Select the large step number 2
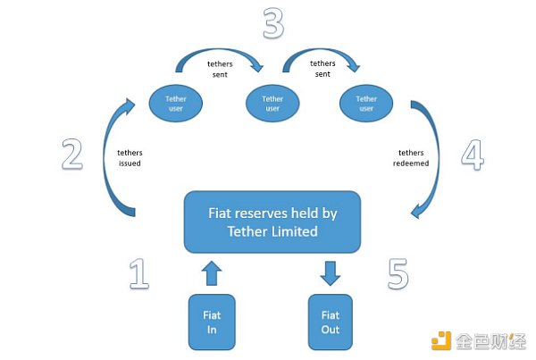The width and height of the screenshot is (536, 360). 71,154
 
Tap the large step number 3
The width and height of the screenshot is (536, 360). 272,24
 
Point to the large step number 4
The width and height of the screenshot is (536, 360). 473,154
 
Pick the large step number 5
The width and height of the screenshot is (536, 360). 399,273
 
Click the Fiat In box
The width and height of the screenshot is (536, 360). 211,321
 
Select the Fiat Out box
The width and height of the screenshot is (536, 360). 330,321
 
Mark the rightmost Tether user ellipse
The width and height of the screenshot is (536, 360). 366,104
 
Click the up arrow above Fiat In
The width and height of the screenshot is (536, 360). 211,272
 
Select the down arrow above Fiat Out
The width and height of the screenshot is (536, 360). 330,272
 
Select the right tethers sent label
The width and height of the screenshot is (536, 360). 322,69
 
